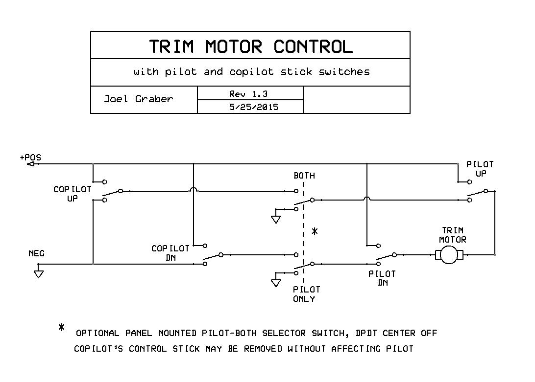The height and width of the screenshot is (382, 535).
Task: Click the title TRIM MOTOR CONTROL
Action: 250,46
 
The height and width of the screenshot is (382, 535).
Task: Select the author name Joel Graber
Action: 138,99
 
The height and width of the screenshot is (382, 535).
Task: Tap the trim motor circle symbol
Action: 449,255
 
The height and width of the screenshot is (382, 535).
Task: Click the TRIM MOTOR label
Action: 452,235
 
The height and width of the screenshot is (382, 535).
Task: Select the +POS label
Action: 30,157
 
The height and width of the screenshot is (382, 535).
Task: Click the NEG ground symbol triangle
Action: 38,274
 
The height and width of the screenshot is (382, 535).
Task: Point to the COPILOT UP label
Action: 72,194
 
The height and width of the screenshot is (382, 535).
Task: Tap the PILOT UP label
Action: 480,169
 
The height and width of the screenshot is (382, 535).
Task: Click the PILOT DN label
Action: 382,278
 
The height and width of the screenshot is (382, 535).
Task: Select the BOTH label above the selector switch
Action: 304,176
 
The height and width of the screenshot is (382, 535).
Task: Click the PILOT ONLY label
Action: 304,294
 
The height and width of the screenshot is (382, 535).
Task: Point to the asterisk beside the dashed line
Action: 315,231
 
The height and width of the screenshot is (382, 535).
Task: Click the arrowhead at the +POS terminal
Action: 30,164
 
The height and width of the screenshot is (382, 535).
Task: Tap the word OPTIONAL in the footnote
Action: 97,334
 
